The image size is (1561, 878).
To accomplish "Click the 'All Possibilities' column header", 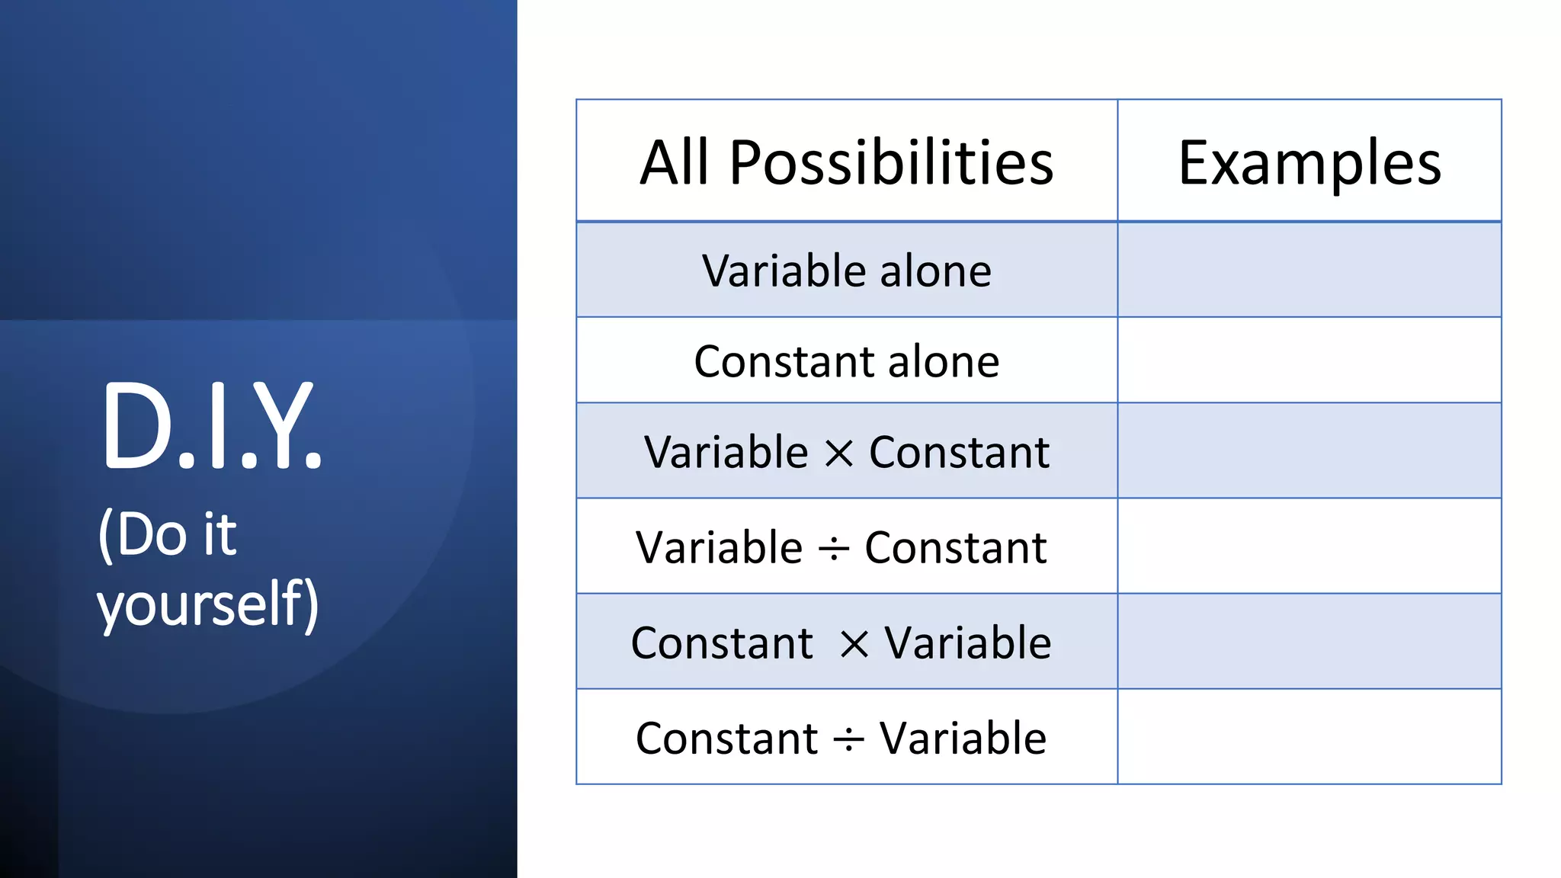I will pyautogui.click(x=846, y=162).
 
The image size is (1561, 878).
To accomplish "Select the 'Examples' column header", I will pyautogui.click(x=1309, y=162).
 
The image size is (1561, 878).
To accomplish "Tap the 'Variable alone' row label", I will pyautogui.click(x=846, y=271).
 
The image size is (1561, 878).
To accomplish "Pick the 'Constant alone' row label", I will pyautogui.click(x=846, y=361).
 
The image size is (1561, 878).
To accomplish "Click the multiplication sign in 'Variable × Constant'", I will pyautogui.click(x=838, y=454).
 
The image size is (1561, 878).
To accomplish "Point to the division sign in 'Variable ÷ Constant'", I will pyautogui.click(x=833, y=549).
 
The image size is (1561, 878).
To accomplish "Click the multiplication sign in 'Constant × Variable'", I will pyautogui.click(x=854, y=645).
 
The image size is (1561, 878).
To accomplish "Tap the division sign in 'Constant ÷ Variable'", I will pyautogui.click(x=848, y=739).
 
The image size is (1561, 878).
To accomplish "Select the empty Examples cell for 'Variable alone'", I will pyautogui.click(x=1309, y=270).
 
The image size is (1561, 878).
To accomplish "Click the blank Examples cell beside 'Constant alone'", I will pyautogui.click(x=1309, y=360).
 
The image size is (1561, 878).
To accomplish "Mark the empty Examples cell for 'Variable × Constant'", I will pyautogui.click(x=1309, y=450).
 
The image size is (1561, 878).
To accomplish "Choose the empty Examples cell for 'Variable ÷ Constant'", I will pyautogui.click(x=1309, y=546).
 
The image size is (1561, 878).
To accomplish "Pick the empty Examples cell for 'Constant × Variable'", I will pyautogui.click(x=1309, y=641).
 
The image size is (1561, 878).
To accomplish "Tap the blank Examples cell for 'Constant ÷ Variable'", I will pyautogui.click(x=1309, y=736).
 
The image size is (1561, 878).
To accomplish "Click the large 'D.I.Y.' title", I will pyautogui.click(x=211, y=427).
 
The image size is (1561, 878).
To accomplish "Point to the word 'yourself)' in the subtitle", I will pyautogui.click(x=207, y=604).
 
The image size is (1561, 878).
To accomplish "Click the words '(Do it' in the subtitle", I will pyautogui.click(x=168, y=535).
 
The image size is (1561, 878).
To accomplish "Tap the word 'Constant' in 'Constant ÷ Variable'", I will pyautogui.click(x=726, y=739).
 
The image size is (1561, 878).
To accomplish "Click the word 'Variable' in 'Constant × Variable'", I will pyautogui.click(x=967, y=643).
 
